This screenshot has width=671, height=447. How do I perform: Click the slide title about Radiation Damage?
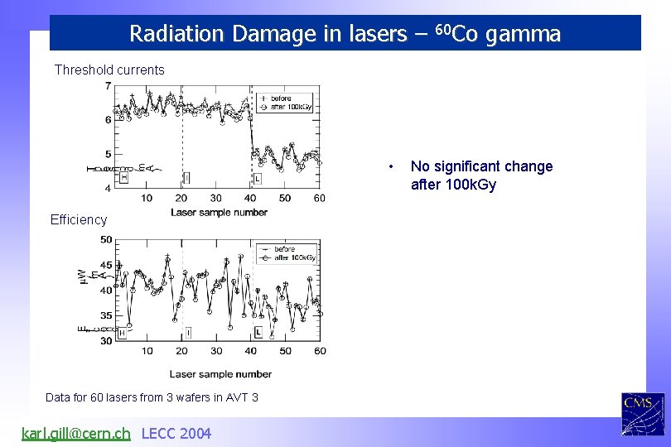pyautogui.click(x=345, y=34)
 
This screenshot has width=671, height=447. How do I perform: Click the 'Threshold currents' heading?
pyautogui.click(x=109, y=70)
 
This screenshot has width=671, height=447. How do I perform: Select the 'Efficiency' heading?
pyautogui.click(x=79, y=219)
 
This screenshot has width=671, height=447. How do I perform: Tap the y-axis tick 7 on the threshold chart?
pyautogui.click(x=108, y=86)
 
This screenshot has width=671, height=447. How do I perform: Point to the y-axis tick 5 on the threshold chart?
pyautogui.click(x=108, y=154)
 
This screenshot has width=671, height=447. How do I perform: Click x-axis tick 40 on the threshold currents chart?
pyautogui.click(x=250, y=198)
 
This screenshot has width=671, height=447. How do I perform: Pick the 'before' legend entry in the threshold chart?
pyautogui.click(x=282, y=97)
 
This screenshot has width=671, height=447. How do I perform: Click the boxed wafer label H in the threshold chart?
pyautogui.click(x=124, y=176)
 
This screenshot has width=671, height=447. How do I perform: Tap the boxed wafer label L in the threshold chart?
pyautogui.click(x=258, y=178)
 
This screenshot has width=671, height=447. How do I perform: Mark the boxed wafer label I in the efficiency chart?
pyautogui.click(x=188, y=332)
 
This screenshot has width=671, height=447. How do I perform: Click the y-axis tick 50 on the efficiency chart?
pyautogui.click(x=106, y=240)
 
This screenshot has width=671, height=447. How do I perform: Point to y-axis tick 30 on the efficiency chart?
pyautogui.click(x=106, y=341)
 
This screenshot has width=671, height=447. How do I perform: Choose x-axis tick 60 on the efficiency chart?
pyautogui.click(x=320, y=351)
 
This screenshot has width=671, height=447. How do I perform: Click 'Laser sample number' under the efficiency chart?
pyautogui.click(x=220, y=374)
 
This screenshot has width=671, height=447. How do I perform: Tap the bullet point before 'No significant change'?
pyautogui.click(x=391, y=167)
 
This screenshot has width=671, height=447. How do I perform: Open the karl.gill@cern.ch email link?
pyautogui.click(x=75, y=433)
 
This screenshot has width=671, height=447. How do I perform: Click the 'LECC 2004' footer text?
pyautogui.click(x=176, y=433)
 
